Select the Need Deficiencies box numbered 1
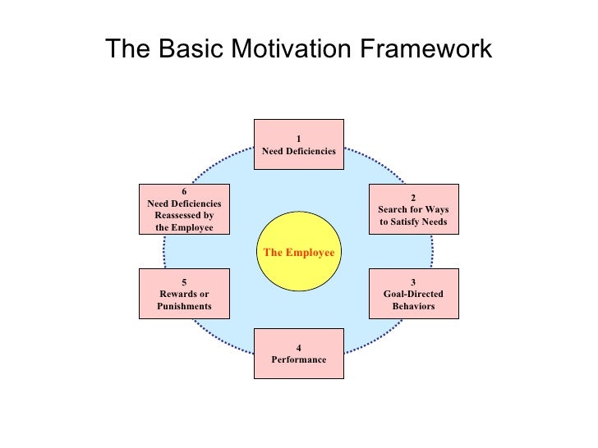click(298, 144)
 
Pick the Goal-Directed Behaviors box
click(413, 294)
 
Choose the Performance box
click(298, 354)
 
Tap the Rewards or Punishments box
click(184, 294)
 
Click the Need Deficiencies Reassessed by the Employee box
click(184, 208)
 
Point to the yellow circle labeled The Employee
click(297, 252)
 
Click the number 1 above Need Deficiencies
click(299, 138)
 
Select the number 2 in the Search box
click(413, 197)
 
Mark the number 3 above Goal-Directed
click(413, 282)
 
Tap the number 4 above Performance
click(298, 348)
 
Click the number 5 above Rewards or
click(184, 282)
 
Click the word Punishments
click(184, 306)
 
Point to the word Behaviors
click(413, 306)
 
